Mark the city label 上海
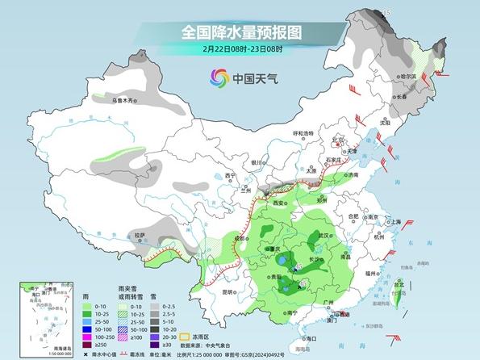[x=395, y=221]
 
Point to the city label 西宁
[x=231, y=175]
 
